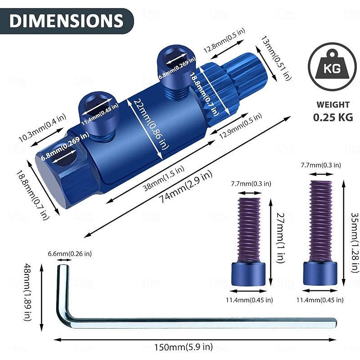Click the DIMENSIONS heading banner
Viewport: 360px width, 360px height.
pyautogui.click(x=66, y=21)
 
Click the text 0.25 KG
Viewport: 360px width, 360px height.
pyautogui.click(x=333, y=118)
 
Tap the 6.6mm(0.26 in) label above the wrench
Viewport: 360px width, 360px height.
pyautogui.click(x=70, y=254)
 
